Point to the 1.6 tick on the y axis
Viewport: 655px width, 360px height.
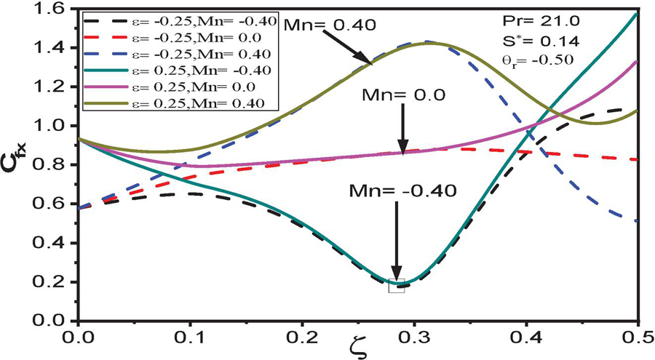coord(58,9)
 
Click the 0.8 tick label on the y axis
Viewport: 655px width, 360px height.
coord(58,165)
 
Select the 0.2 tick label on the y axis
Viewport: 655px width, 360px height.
coord(58,281)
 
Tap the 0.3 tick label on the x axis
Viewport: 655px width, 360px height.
coord(413,338)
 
